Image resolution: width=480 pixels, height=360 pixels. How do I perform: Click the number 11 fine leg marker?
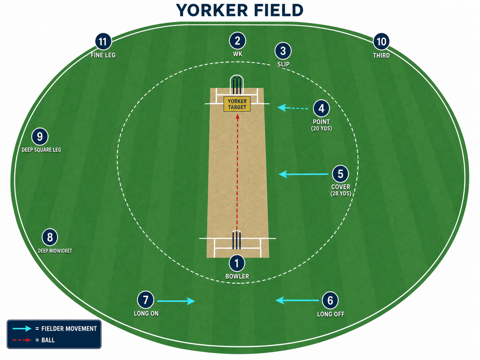coord(103,41)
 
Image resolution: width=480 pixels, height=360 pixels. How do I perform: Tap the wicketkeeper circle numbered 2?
coord(237,40)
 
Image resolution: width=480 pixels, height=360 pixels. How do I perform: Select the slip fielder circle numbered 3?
coord(283,51)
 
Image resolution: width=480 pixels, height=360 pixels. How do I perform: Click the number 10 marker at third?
coord(381,42)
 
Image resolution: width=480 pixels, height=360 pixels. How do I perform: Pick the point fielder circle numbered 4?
coord(321,108)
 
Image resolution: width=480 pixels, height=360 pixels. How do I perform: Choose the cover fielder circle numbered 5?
coord(340,174)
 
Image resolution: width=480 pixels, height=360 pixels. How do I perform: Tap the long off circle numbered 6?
coord(330,300)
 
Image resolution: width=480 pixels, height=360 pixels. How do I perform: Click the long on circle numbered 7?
coord(146,300)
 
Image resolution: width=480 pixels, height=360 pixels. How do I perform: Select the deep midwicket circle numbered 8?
coord(49,237)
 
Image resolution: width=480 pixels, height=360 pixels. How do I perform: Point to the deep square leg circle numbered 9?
coord(40,136)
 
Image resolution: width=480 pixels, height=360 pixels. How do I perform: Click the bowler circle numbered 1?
coord(237,263)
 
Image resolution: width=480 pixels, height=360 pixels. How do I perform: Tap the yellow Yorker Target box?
coord(237,104)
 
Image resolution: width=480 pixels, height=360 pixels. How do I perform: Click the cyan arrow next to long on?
coord(176,301)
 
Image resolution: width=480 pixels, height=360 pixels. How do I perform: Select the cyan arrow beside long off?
coord(297,300)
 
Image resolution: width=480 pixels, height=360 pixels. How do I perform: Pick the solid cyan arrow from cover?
coord(303,174)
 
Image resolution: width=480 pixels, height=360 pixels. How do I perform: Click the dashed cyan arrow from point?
coord(293,108)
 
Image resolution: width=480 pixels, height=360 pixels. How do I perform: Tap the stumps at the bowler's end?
coord(236,240)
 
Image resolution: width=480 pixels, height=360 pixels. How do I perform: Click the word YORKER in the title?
coord(212,10)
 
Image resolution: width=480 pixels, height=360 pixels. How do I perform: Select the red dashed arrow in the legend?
coord(22,340)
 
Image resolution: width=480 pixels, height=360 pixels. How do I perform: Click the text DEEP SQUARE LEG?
coord(41,150)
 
